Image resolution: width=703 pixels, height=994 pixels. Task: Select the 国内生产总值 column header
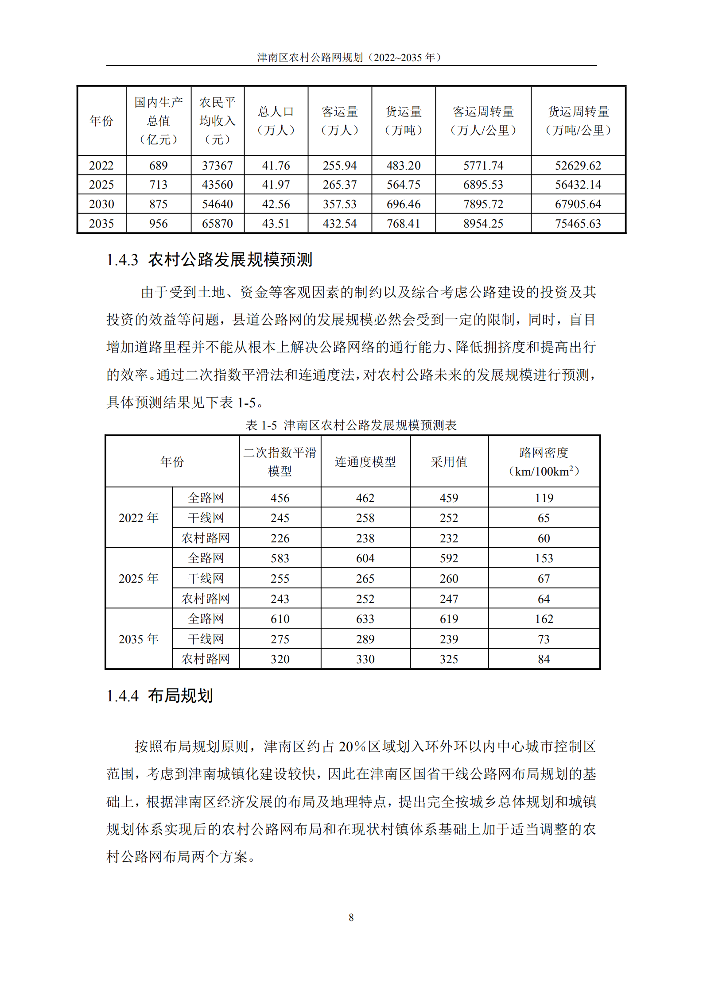click(x=158, y=120)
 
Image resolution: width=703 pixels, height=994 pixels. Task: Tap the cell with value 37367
click(x=217, y=166)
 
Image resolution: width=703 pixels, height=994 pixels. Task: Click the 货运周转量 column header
click(x=578, y=120)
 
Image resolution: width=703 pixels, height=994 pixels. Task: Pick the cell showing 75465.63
click(x=578, y=224)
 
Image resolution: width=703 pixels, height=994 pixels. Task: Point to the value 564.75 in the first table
click(x=403, y=185)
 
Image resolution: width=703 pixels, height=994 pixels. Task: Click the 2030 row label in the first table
click(x=101, y=204)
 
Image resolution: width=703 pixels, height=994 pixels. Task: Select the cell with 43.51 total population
click(x=276, y=224)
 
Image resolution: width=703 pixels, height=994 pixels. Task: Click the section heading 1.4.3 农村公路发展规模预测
click(x=209, y=260)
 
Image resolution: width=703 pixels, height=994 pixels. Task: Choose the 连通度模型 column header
click(x=365, y=462)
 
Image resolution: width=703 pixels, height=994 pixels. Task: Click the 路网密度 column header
click(x=544, y=462)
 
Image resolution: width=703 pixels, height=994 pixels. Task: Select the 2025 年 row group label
click(x=139, y=578)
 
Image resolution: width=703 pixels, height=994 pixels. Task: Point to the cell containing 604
click(x=365, y=558)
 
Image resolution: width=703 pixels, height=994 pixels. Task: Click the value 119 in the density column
click(x=544, y=498)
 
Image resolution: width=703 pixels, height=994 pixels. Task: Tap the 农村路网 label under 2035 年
click(x=206, y=659)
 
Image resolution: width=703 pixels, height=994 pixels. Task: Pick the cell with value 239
click(x=449, y=639)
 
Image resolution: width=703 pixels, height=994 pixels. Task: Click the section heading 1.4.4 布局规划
click(x=159, y=696)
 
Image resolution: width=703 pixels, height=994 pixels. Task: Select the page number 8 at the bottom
click(x=351, y=917)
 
